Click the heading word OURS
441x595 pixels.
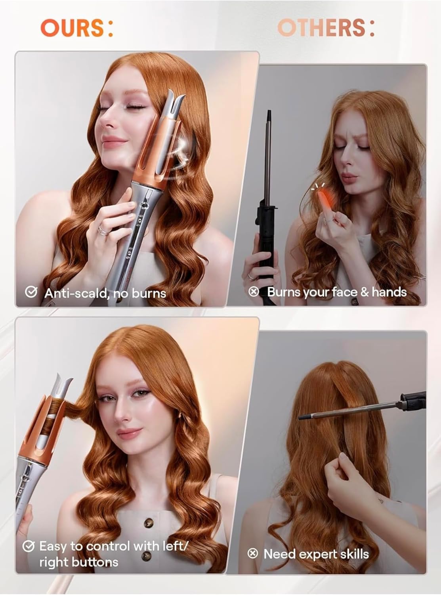pos(72,28)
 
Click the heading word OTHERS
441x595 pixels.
pos(321,28)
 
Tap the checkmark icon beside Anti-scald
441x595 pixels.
pos(31,292)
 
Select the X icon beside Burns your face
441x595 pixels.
pos(253,291)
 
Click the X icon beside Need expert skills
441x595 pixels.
pos(252,553)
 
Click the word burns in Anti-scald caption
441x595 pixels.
pos(149,293)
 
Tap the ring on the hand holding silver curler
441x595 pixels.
pos(103,230)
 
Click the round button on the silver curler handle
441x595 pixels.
pos(144,205)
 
